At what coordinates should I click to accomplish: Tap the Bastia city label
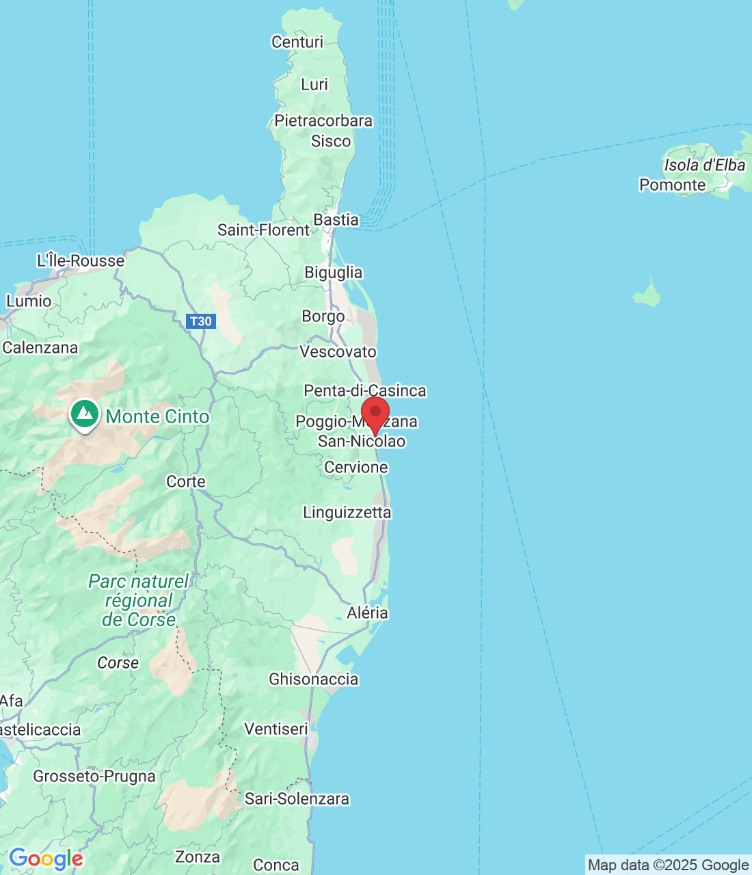click(x=336, y=219)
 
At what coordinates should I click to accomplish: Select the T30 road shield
click(x=200, y=321)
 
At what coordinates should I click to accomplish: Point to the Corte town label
click(x=186, y=481)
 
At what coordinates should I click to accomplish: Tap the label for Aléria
click(x=367, y=612)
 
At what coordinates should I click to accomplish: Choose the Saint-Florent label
click(x=263, y=230)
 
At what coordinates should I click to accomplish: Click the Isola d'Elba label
click(x=704, y=165)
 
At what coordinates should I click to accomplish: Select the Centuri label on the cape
click(x=297, y=42)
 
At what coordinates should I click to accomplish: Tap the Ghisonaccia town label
click(x=313, y=679)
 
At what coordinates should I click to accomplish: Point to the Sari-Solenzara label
click(x=297, y=798)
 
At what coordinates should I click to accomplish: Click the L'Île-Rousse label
click(x=81, y=260)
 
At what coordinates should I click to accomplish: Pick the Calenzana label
click(x=40, y=347)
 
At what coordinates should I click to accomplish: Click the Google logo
click(x=46, y=859)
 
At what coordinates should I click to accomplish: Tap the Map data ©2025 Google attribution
click(x=668, y=865)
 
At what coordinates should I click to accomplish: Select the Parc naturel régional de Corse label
click(x=139, y=600)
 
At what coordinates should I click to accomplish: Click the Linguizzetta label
click(x=347, y=512)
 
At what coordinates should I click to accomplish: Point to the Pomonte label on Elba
click(x=672, y=185)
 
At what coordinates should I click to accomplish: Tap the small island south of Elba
click(x=647, y=295)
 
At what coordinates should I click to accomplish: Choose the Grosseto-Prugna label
click(x=94, y=776)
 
